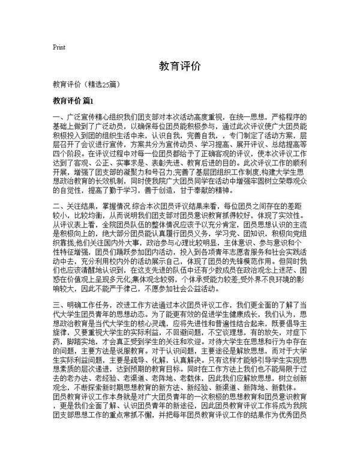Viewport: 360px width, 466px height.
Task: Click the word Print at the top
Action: point(59,47)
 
